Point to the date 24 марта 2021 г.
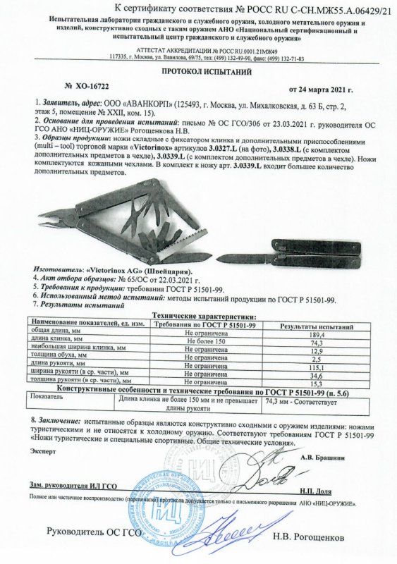[321, 90]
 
